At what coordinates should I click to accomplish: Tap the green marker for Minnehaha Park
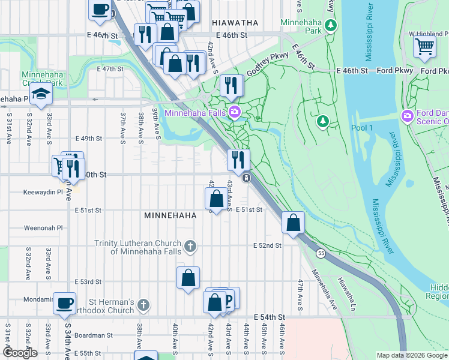(x=331, y=25)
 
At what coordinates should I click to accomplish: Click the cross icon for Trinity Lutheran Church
(x=190, y=246)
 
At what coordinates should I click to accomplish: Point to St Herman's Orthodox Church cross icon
(x=143, y=305)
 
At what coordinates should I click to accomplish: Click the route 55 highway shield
(x=322, y=254)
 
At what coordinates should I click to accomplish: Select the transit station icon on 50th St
(x=246, y=178)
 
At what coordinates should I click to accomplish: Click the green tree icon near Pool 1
(x=323, y=122)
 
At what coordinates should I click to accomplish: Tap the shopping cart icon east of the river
(x=425, y=46)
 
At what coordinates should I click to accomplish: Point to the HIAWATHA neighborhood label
(x=235, y=22)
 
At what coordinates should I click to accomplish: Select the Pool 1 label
(x=363, y=128)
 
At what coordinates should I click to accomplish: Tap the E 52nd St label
(x=267, y=245)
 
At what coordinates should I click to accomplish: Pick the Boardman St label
(x=93, y=335)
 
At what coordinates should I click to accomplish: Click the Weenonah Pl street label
(x=43, y=228)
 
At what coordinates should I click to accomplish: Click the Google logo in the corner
(x=20, y=353)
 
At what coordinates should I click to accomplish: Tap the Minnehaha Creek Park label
(x=42, y=79)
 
